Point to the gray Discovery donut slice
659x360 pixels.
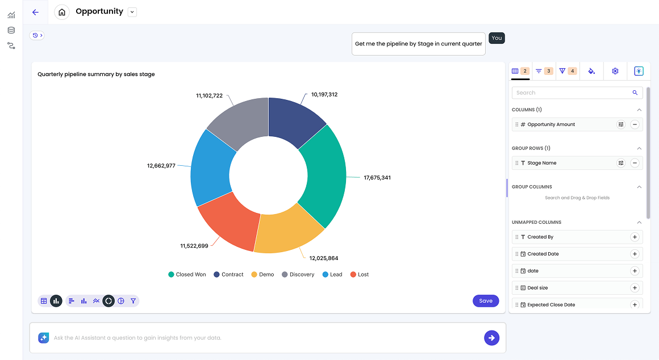241,120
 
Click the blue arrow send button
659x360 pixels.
491,338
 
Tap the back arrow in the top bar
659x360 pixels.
36,12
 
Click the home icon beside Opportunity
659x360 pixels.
62,12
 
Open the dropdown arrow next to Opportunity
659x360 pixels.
132,12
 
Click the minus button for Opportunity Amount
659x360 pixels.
635,124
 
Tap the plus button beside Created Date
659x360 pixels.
635,254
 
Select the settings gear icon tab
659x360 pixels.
615,71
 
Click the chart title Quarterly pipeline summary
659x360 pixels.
96,74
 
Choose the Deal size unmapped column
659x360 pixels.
537,288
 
